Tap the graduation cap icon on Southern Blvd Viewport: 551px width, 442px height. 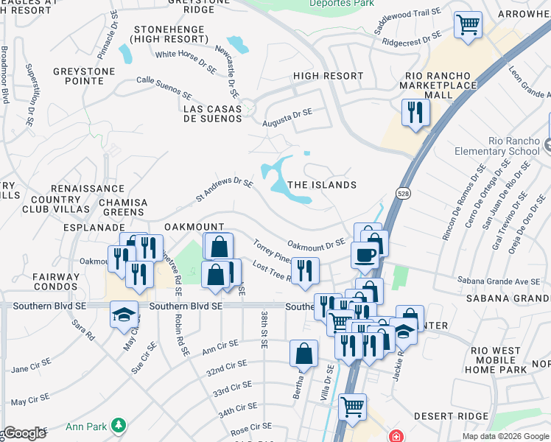(x=123, y=315)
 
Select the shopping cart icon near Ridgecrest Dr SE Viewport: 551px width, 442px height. (x=467, y=25)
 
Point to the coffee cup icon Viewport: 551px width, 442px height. (x=365, y=255)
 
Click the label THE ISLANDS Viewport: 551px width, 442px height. (x=322, y=185)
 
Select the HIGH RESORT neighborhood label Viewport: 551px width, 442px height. (x=328, y=76)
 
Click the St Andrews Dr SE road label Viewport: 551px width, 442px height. (x=225, y=189)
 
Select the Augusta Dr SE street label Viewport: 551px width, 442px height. (x=288, y=116)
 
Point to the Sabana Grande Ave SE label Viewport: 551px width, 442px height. (x=499, y=281)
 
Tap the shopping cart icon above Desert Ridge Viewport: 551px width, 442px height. (x=353, y=406)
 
